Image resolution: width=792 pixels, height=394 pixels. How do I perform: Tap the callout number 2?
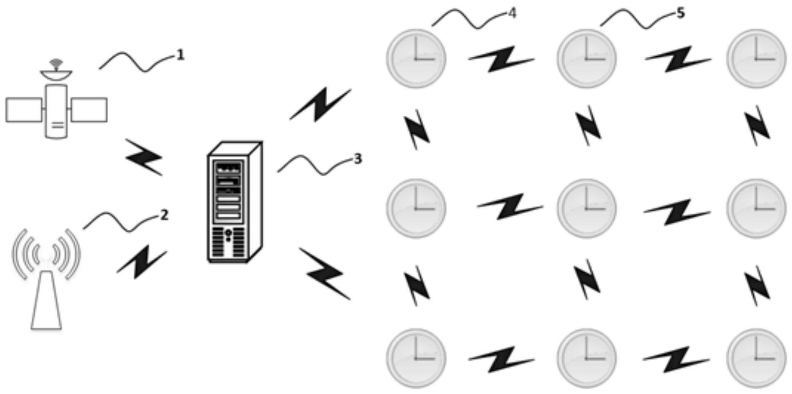(x=164, y=215)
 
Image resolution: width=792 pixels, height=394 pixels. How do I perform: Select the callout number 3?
(x=358, y=159)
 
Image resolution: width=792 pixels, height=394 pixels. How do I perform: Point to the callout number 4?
(x=512, y=13)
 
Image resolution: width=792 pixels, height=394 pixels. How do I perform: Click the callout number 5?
(x=680, y=13)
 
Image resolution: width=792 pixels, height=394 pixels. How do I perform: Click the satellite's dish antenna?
(x=56, y=74)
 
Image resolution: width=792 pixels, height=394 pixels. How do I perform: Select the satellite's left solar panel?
(x=24, y=110)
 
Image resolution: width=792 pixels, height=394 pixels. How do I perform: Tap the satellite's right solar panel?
(x=89, y=110)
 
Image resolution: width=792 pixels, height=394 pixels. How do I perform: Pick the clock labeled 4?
(x=416, y=58)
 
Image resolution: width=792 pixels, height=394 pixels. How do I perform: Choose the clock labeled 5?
(x=586, y=58)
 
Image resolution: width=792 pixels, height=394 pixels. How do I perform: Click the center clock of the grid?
(x=586, y=208)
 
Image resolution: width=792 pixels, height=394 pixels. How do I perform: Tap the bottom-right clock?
(x=756, y=358)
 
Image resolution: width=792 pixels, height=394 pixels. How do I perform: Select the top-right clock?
(x=756, y=58)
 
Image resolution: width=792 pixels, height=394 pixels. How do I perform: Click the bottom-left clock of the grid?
(x=416, y=358)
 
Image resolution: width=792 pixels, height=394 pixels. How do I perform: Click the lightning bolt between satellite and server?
(x=144, y=157)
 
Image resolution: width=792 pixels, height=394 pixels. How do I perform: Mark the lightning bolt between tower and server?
(x=142, y=262)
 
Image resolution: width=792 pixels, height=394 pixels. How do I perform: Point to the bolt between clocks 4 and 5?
(x=501, y=60)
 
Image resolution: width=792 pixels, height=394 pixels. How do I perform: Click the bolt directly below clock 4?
(x=417, y=129)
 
